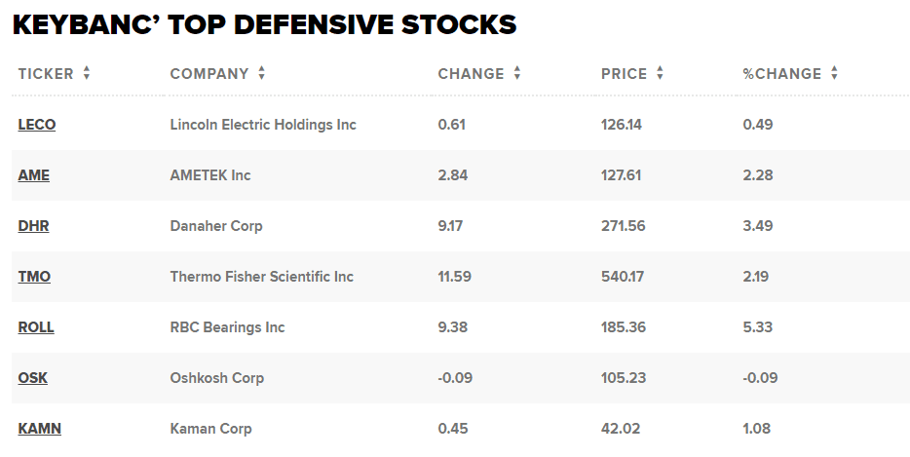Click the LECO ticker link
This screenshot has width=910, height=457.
37,125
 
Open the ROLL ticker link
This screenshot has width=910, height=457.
36,327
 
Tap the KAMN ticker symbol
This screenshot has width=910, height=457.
40,429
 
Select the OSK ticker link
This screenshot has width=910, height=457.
33,378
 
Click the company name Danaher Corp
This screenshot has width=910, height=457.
216,226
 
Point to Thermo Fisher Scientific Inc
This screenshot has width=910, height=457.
262,277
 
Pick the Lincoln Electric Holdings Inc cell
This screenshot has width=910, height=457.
263,125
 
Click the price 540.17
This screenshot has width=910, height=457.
623,277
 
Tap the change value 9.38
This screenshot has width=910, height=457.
453,327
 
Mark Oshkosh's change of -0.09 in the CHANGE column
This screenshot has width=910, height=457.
456,378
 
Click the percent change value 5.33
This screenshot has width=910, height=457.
757,327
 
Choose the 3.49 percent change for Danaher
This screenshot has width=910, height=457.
757,226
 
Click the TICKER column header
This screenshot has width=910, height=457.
46,74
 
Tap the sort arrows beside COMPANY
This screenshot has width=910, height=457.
262,74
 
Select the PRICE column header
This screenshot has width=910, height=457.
625,74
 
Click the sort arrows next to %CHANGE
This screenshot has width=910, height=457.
835,74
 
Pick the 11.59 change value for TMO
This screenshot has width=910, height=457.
455,277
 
